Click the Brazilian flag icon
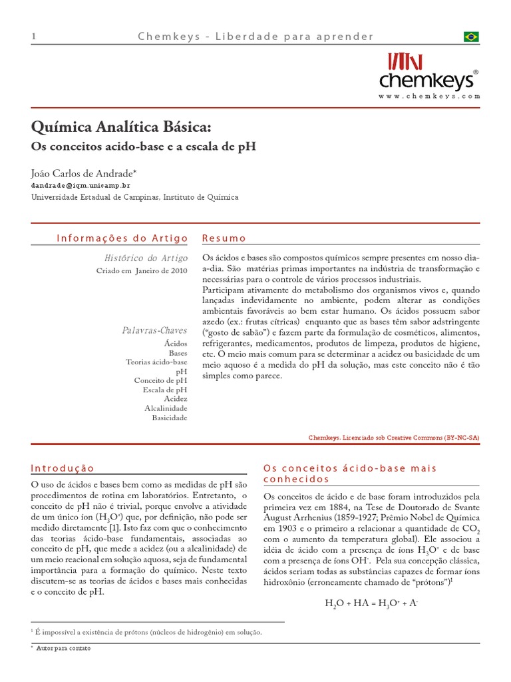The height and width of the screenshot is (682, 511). (471, 37)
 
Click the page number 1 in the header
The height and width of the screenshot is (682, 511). (33, 37)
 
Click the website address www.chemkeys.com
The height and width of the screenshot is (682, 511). (429, 97)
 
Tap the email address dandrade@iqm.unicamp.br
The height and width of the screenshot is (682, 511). (81, 186)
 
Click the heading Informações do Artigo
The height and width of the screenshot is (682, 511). (122, 238)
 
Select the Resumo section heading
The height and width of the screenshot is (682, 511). (224, 238)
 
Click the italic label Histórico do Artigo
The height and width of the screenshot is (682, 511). (146, 258)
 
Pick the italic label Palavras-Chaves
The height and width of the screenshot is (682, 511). (154, 330)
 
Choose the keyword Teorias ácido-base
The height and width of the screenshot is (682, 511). (156, 362)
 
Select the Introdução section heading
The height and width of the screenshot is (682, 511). (63, 468)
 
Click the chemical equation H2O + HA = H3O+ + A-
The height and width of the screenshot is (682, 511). (371, 603)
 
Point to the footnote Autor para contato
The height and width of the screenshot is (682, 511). (64, 648)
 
